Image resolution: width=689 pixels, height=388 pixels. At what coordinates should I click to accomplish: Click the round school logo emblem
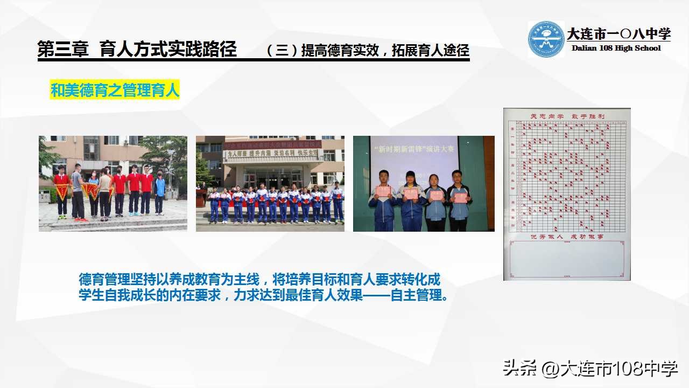546,39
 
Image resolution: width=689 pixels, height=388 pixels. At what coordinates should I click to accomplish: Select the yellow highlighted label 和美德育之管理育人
115,91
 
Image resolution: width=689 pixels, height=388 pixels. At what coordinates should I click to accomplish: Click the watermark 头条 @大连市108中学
590,369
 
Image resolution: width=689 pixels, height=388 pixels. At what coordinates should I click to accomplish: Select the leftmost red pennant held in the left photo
62,190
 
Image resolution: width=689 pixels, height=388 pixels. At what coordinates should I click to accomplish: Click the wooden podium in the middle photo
201,198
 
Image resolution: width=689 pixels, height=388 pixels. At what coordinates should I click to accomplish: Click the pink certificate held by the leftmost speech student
383,191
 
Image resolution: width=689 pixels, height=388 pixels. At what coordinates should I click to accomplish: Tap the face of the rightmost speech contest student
457,177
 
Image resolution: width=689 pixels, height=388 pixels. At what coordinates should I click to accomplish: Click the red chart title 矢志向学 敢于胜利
567,116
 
